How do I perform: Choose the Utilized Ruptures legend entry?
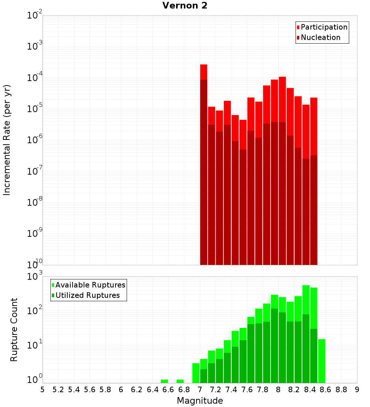87,295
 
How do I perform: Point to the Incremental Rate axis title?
7,140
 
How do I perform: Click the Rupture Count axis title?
14,330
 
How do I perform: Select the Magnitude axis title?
200,401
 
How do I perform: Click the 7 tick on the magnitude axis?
200,390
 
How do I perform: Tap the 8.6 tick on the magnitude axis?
326,390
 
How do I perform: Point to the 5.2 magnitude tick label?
58,390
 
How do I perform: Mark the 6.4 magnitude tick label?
152,390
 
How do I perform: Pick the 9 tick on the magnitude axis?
357,390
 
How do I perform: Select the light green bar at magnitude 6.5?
164,381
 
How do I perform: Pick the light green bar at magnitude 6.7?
180,381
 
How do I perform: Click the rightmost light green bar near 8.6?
322,361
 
